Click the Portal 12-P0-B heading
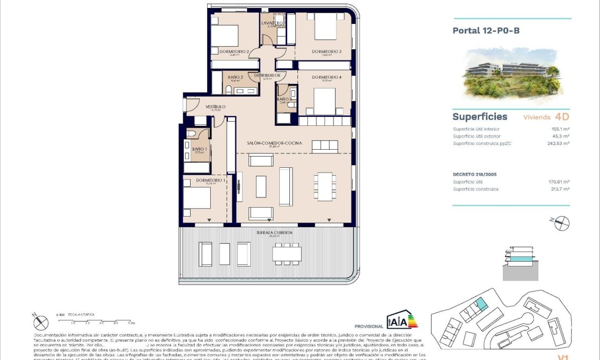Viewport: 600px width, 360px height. click(x=485, y=31)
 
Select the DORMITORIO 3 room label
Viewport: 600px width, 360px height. click(x=326, y=52)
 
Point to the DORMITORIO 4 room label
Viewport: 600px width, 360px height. click(x=326, y=78)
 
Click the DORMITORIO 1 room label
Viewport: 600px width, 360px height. click(x=210, y=181)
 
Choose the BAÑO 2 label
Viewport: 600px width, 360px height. click(x=235, y=78)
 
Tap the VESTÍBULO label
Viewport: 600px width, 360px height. click(x=216, y=107)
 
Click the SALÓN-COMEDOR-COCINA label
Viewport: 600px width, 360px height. click(x=274, y=143)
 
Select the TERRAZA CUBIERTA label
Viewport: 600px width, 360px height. click(x=275, y=233)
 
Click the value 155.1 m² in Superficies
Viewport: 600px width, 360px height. click(x=560, y=129)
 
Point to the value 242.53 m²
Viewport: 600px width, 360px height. click(x=558, y=143)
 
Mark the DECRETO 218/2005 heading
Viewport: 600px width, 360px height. click(x=475, y=174)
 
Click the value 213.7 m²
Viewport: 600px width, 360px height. click(x=560, y=189)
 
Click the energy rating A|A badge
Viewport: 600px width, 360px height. click(x=402, y=321)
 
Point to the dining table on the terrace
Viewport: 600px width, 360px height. click(x=287, y=254)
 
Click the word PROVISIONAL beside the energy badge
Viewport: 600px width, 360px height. click(x=368, y=326)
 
